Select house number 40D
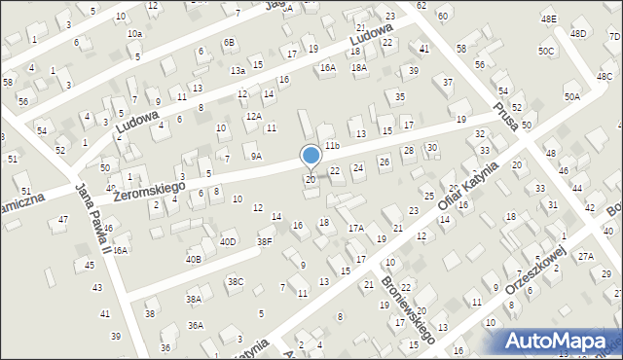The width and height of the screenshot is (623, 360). pyautogui.click(x=228, y=241)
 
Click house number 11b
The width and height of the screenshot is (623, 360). pyautogui.click(x=332, y=145)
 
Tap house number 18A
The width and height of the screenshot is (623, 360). pyautogui.click(x=359, y=67)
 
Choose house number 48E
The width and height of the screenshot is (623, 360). pyautogui.click(x=549, y=18)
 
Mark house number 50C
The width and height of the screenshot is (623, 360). pyautogui.click(x=546, y=51)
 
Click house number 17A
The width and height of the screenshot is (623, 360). pyautogui.click(x=356, y=228)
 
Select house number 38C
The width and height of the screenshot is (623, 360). pyautogui.click(x=236, y=282)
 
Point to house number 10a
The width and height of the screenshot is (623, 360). pyautogui.click(x=134, y=34)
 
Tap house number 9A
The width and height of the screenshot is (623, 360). pyautogui.click(x=256, y=156)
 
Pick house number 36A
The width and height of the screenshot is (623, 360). pyautogui.click(x=196, y=326)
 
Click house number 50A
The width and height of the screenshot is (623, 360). pyautogui.click(x=571, y=96)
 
